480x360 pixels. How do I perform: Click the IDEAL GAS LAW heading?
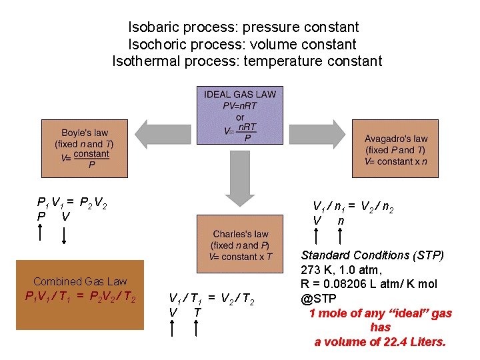[239, 95]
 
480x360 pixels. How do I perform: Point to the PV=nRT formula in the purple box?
[239, 105]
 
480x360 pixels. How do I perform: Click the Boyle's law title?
[85, 132]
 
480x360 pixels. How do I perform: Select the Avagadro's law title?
[396, 139]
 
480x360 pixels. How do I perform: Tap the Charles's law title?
[241, 234]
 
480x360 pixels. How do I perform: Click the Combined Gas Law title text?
[80, 281]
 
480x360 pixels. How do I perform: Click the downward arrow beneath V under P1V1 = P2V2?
[65, 235]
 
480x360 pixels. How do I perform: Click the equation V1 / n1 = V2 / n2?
[353, 207]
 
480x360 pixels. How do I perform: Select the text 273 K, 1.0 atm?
[341, 269]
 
